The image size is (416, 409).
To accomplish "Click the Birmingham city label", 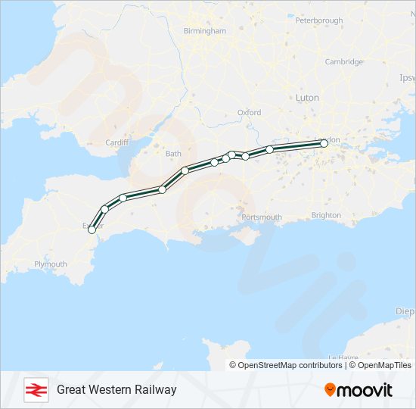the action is [x=204, y=31].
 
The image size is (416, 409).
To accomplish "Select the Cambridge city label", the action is [x=343, y=62].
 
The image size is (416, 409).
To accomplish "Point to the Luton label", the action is [x=306, y=98].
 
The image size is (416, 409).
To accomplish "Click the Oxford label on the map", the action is [x=249, y=112].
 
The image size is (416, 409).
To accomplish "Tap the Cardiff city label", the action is [x=117, y=142].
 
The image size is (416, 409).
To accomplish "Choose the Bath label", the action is [x=173, y=154].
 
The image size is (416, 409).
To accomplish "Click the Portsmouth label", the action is [x=262, y=217].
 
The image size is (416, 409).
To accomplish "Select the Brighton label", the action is [x=326, y=215].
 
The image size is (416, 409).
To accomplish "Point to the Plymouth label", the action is [x=51, y=264].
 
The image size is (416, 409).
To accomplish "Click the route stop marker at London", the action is [x=324, y=143].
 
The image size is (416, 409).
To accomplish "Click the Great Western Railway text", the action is [x=116, y=389].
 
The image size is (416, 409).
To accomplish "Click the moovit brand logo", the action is [x=359, y=390].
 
